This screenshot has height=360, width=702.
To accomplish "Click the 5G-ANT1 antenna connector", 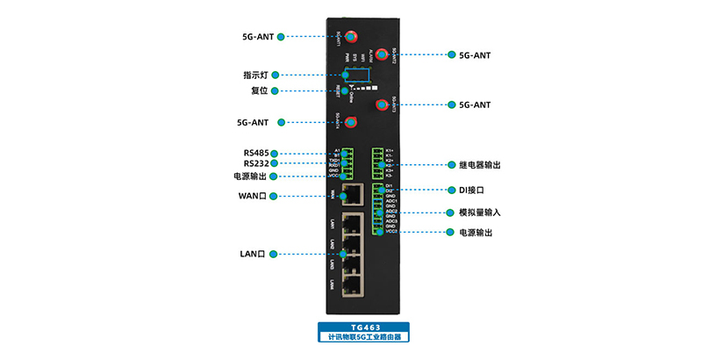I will pos(351,37).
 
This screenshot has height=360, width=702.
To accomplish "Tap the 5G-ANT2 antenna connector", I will pos(381,54).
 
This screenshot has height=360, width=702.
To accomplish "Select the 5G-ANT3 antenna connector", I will pos(381,105).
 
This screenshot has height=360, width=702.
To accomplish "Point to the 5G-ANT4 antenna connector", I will pos(351,121).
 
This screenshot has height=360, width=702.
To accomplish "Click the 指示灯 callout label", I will pos(256,75).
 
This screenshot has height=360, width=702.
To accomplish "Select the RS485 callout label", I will pos(256,153).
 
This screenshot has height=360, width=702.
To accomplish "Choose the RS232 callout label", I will pos(256,163).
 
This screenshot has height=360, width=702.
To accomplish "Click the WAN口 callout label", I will pos(253,195).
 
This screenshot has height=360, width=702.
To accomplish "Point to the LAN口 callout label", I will pos(253,254).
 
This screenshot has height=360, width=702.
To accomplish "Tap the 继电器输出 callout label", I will pos(479,164).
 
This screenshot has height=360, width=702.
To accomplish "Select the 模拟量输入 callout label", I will pos(479,212).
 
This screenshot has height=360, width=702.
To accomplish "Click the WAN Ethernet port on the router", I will pos(352,195).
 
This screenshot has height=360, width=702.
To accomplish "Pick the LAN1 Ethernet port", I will pos(352,223).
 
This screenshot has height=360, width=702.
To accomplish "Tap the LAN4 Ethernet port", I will pos(352,284).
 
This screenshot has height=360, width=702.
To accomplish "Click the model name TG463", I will pos(365,327).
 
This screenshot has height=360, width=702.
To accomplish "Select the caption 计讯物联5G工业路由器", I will pos(365,336).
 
